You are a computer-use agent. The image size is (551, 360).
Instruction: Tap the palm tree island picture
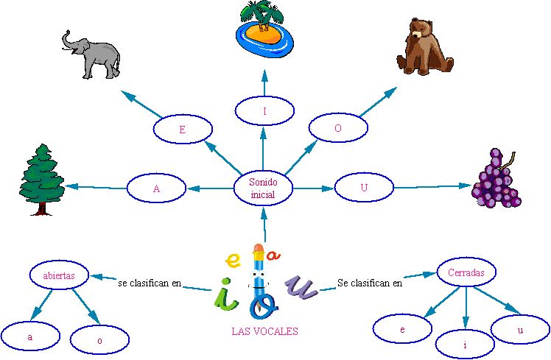coord(264,30)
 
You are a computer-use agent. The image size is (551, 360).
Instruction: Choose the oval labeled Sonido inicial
coord(263,188)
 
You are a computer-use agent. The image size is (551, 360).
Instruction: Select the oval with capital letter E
coord(181,130)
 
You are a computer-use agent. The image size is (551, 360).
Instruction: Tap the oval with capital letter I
coord(264,111)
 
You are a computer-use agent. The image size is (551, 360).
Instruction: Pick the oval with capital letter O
coord(338,127)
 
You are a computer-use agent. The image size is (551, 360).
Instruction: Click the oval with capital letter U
coord(364,188)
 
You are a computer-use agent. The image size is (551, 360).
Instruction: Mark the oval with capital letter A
coord(157,188)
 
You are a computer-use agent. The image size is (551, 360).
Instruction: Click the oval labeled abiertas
coord(59,275)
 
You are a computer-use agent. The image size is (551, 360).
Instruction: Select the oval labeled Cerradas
coord(466,272)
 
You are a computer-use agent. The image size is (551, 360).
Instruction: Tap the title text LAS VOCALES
coord(265,332)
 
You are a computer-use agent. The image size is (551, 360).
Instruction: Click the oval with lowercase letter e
coord(402,330)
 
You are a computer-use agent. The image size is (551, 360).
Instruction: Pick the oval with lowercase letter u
coord(520,330)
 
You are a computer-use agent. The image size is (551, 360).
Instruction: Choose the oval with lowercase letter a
coord(30,337)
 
